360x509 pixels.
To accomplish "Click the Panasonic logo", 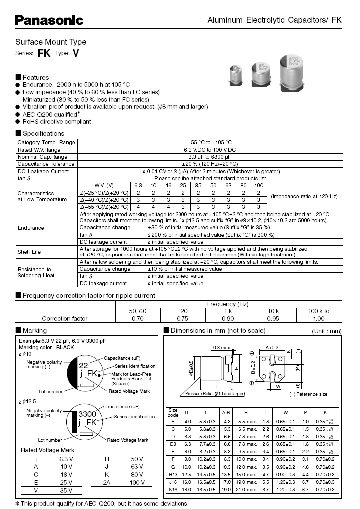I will tap(49, 20).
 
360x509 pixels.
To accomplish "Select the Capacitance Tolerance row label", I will tap(46, 164).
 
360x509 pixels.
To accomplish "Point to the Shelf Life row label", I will tap(29, 252).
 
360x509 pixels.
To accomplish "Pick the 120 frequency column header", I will tap(182, 311).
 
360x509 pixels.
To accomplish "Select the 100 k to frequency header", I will tap(319, 311).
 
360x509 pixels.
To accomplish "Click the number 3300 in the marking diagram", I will tap(88, 414).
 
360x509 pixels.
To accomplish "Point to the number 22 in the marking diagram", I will tap(84, 365).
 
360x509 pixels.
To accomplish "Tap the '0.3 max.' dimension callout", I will tap(223, 347).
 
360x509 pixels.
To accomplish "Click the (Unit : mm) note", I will tap(327, 331).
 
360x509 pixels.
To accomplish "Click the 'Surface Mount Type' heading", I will tap(51, 42).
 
